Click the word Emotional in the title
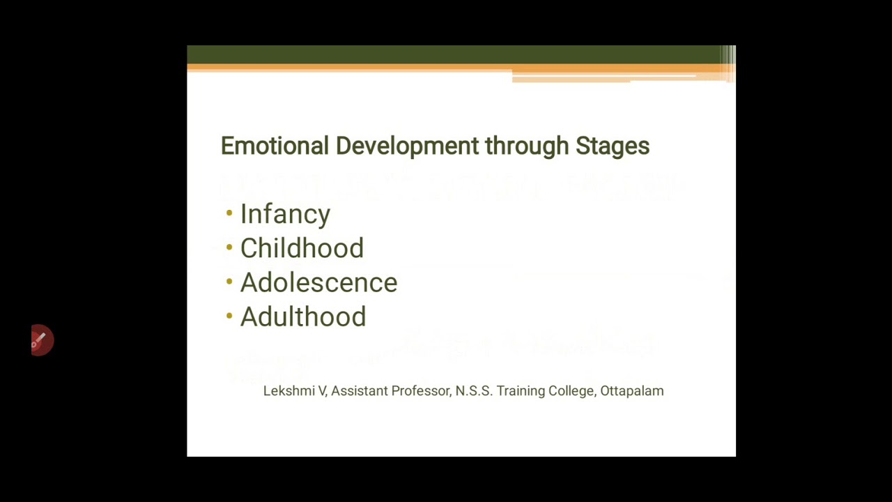275,146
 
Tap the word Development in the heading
407,146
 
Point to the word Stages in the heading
613,146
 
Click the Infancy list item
285,214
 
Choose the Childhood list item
302,248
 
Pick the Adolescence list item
318,282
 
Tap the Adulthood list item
303,317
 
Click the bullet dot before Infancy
229,213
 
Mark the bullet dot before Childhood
229,248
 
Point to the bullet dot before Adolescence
229,282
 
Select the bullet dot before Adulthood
229,316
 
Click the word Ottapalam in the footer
631,391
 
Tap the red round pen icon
41,340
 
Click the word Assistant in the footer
359,391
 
